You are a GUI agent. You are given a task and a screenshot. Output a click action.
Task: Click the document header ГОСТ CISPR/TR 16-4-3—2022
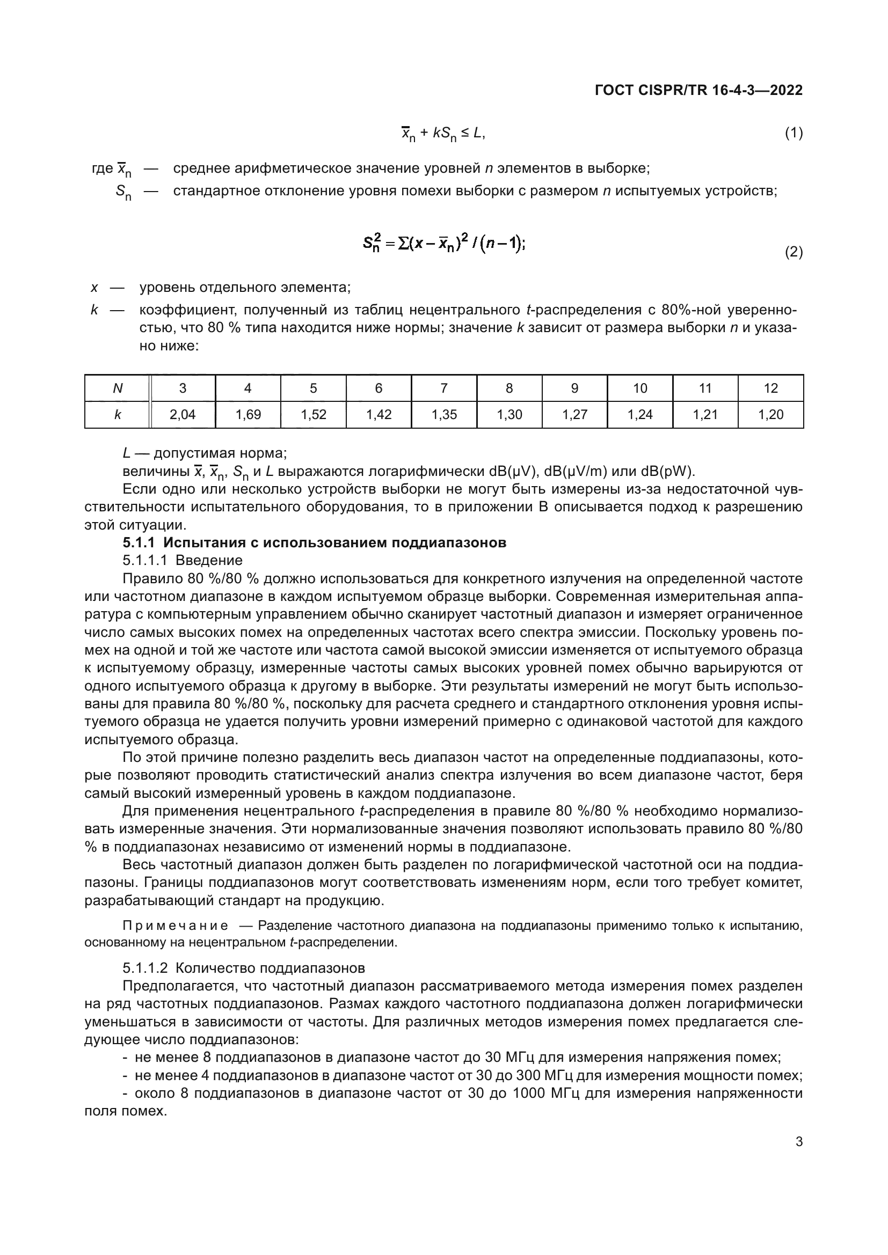coord(698,90)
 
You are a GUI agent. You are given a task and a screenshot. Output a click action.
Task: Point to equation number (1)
coord(794,133)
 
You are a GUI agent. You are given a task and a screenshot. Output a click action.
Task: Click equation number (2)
coord(794,252)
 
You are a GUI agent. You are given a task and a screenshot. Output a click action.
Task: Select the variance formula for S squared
coord(443,242)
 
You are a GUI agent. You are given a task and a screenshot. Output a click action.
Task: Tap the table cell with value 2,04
coord(182,415)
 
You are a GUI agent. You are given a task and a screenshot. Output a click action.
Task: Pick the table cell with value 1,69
coord(248,415)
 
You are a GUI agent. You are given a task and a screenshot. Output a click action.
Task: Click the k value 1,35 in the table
coord(443,415)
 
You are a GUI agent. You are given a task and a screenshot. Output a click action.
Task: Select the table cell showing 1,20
coord(770,415)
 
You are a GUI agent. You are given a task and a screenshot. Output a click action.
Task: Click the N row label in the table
coord(117,388)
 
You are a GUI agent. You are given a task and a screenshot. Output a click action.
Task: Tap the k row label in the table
coord(117,415)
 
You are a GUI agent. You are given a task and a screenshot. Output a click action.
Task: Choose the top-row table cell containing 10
coord(640,388)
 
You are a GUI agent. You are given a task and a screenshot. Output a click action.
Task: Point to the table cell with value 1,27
coord(574,415)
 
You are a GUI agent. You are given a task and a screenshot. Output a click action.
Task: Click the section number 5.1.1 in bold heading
coord(139,543)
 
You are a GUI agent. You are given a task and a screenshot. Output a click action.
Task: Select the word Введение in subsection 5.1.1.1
coord(209,560)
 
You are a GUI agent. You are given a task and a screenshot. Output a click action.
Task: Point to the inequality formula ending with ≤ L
coord(443,133)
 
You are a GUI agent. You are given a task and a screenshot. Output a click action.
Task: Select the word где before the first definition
coord(102,168)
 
